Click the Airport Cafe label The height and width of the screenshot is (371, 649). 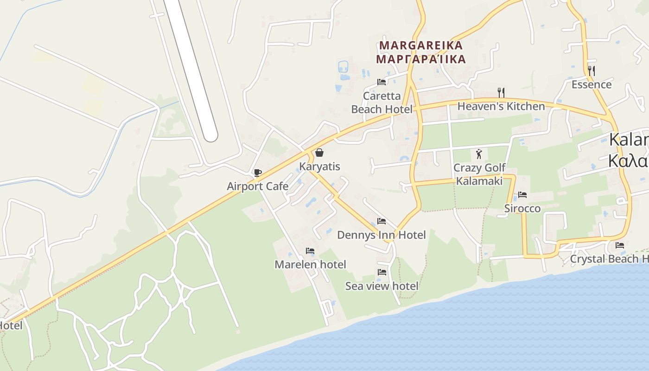pyautogui.click(x=257, y=186)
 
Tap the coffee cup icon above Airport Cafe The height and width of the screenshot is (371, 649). pyautogui.click(x=257, y=173)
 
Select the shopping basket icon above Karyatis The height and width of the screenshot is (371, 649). pyautogui.click(x=319, y=153)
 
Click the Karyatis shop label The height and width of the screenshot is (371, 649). pyautogui.click(x=319, y=166)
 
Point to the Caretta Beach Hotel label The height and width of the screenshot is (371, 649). pyautogui.click(x=382, y=102)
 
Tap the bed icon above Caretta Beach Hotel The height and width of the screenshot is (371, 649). pyautogui.click(x=382, y=82)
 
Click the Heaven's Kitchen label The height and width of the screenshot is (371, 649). pyautogui.click(x=501, y=106)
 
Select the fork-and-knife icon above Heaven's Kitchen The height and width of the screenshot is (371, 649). pyautogui.click(x=501, y=92)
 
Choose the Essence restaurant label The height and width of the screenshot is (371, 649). pyautogui.click(x=591, y=84)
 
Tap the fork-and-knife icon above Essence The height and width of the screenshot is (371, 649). pyautogui.click(x=591, y=70)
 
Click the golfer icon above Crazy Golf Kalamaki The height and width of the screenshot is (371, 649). pyautogui.click(x=479, y=154)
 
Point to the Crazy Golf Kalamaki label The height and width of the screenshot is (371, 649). pyautogui.click(x=479, y=174)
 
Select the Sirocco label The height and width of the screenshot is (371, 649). pyautogui.click(x=522, y=208)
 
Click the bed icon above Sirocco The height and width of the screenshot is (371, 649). pyautogui.click(x=522, y=194)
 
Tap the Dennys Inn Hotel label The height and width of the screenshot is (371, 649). pyautogui.click(x=381, y=235)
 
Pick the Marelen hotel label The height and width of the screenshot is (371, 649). pyautogui.click(x=310, y=264)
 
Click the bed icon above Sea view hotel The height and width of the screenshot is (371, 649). pyautogui.click(x=382, y=272)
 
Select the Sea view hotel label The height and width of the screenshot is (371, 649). pyautogui.click(x=382, y=286)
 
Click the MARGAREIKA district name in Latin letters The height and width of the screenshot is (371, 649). pyautogui.click(x=421, y=45)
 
